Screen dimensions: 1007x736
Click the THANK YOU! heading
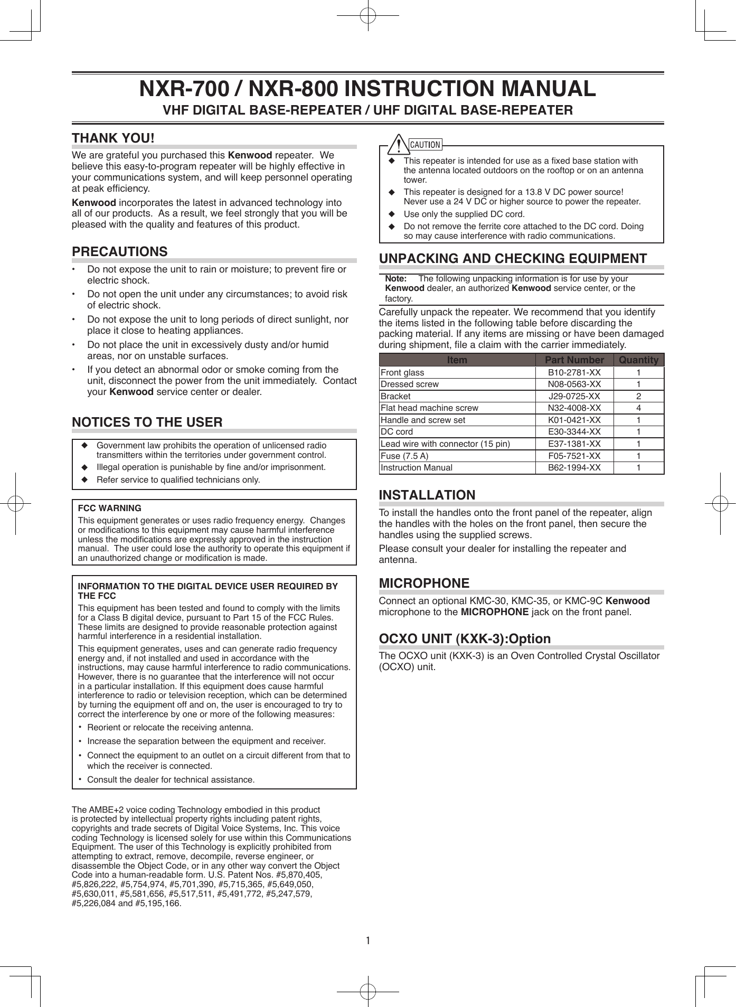click(113, 138)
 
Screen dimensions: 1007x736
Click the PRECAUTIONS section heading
click(120, 252)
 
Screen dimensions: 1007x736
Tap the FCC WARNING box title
click(109, 508)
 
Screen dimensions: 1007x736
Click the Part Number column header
click(574, 360)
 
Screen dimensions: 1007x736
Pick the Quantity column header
click(638, 360)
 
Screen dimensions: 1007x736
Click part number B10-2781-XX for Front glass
click(574, 372)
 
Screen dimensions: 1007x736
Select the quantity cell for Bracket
click(638, 396)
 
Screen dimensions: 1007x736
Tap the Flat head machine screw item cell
click(429, 408)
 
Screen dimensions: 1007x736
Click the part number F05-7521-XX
click(574, 456)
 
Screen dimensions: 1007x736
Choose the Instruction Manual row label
click(416, 468)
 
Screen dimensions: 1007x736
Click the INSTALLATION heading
click(427, 495)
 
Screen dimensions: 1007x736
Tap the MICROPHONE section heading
click(424, 584)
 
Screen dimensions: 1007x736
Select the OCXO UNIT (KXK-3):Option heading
click(465, 639)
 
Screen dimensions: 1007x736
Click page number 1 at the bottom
click(368, 940)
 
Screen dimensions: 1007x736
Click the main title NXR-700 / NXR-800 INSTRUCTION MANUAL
click(367, 89)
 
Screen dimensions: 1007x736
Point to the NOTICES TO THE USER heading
click(147, 422)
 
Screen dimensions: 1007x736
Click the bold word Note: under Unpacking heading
click(395, 278)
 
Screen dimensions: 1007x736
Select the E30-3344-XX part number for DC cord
click(574, 432)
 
